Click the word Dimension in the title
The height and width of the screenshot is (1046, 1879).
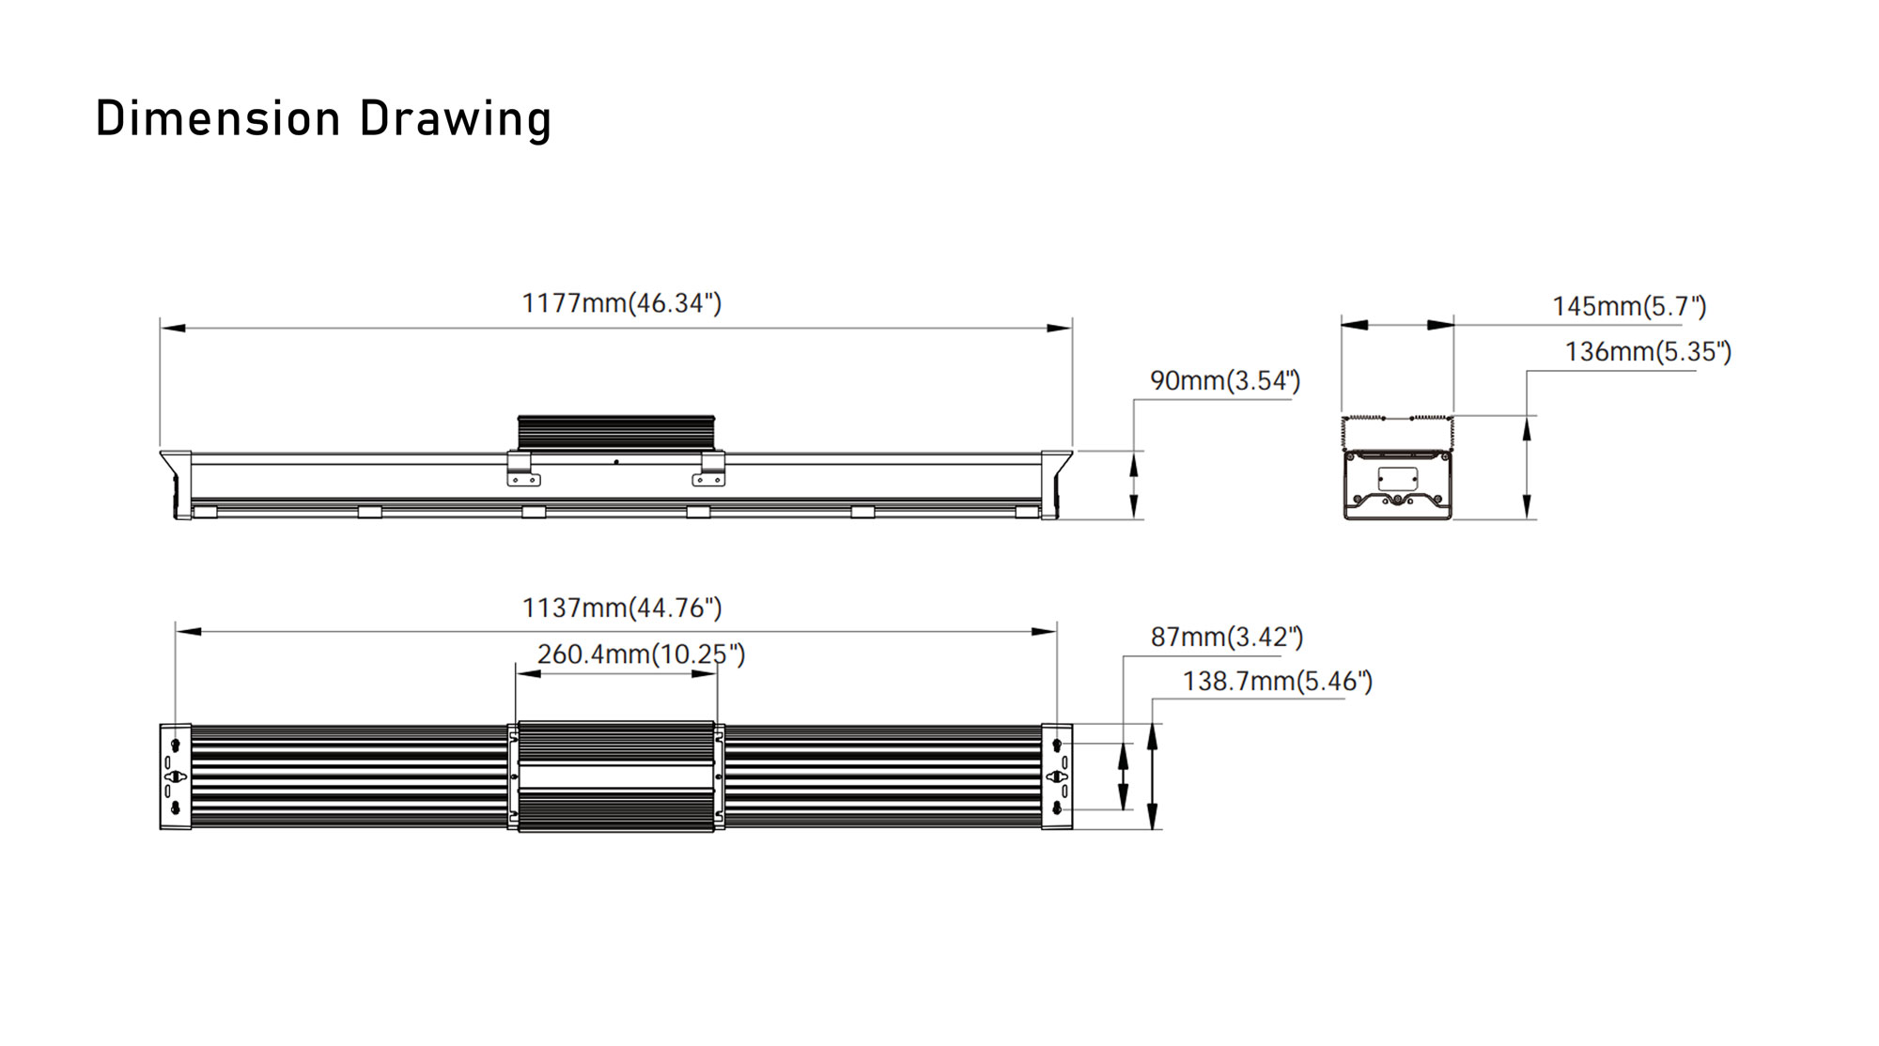218,118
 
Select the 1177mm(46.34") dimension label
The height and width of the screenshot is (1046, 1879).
622,303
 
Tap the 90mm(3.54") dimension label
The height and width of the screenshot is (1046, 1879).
1225,380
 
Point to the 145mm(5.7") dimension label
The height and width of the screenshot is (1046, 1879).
1629,306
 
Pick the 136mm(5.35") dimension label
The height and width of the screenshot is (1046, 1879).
1648,351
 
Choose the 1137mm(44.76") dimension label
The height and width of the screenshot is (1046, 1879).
622,608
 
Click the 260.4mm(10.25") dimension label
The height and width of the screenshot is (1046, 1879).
641,654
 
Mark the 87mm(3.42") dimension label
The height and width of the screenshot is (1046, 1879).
1227,637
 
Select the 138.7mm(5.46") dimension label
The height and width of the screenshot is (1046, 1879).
1278,681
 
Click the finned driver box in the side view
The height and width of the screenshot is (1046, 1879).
616,433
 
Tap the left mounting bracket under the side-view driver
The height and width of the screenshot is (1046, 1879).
522,469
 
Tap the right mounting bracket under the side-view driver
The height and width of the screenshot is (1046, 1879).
709,469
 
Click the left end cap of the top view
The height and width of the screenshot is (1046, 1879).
176,777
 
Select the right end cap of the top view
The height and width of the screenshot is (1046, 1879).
1057,777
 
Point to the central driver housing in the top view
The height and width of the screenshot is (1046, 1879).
616,777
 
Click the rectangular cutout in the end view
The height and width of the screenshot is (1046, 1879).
1398,478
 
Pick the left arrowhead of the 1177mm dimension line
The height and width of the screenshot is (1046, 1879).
173,329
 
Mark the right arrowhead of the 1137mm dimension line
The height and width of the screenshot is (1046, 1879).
1045,632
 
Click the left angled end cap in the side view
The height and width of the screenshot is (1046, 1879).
176,485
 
